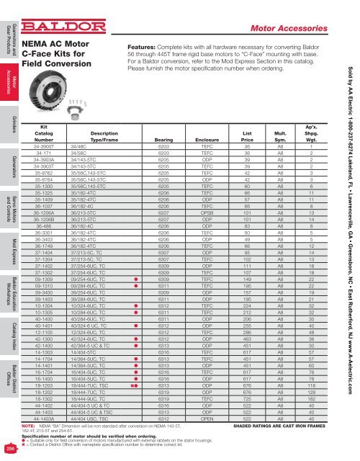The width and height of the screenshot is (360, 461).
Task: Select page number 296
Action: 11,449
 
